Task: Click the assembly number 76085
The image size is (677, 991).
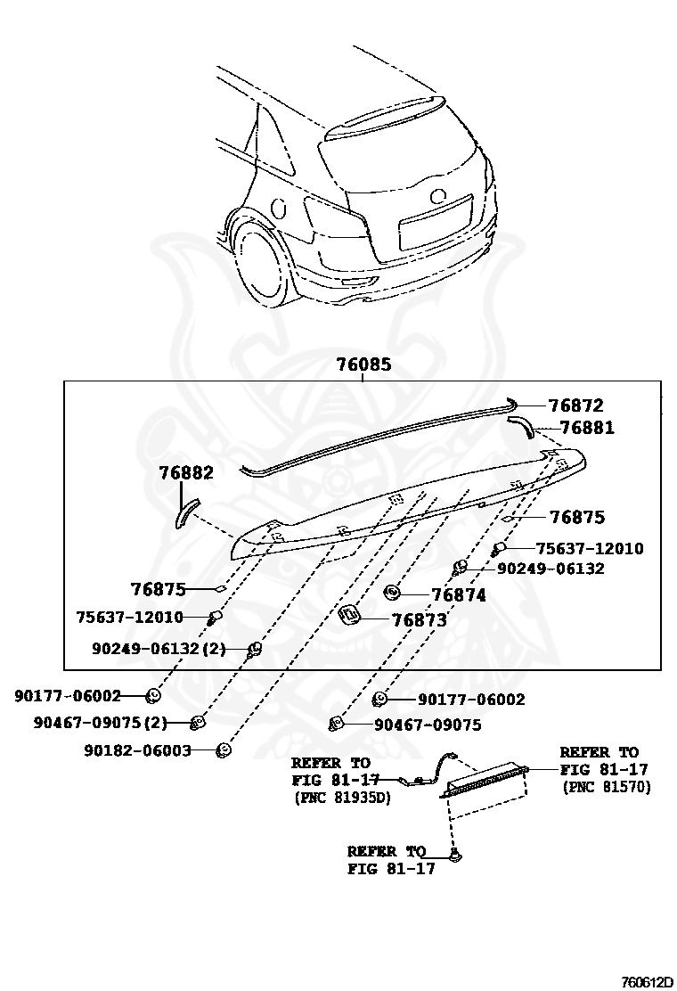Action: tap(363, 365)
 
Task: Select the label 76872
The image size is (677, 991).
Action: tap(575, 405)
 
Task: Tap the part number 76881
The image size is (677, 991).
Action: tap(581, 428)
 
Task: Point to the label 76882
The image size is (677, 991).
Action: tap(186, 473)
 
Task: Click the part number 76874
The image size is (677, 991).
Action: tap(459, 595)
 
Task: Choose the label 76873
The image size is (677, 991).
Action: tap(419, 620)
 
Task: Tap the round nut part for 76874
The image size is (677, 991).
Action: tap(392, 592)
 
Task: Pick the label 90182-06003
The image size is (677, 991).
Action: tap(138, 750)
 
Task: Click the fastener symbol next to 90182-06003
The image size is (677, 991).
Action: tap(224, 750)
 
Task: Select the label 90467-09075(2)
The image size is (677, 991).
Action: tap(101, 723)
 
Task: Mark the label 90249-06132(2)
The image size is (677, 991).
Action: tap(159, 649)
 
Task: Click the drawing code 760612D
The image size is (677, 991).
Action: tap(647, 981)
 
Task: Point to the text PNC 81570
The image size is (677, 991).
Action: tap(607, 787)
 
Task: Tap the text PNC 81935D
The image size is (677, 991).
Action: tap(342, 798)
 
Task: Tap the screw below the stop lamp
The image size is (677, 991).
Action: tap(455, 856)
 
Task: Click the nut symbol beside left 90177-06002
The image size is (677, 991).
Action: tap(152, 695)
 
